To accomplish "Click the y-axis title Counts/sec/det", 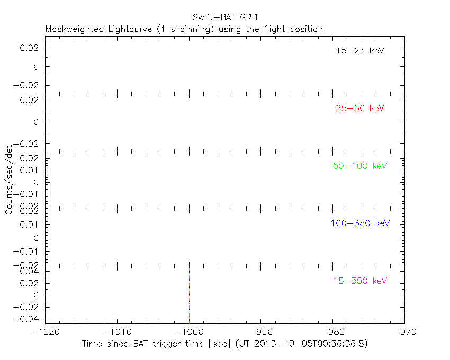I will [x=9, y=180].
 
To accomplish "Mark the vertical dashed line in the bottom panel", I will [x=189, y=294].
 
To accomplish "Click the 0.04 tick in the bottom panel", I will [x=31, y=272].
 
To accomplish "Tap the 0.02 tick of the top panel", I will [x=31, y=48].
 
